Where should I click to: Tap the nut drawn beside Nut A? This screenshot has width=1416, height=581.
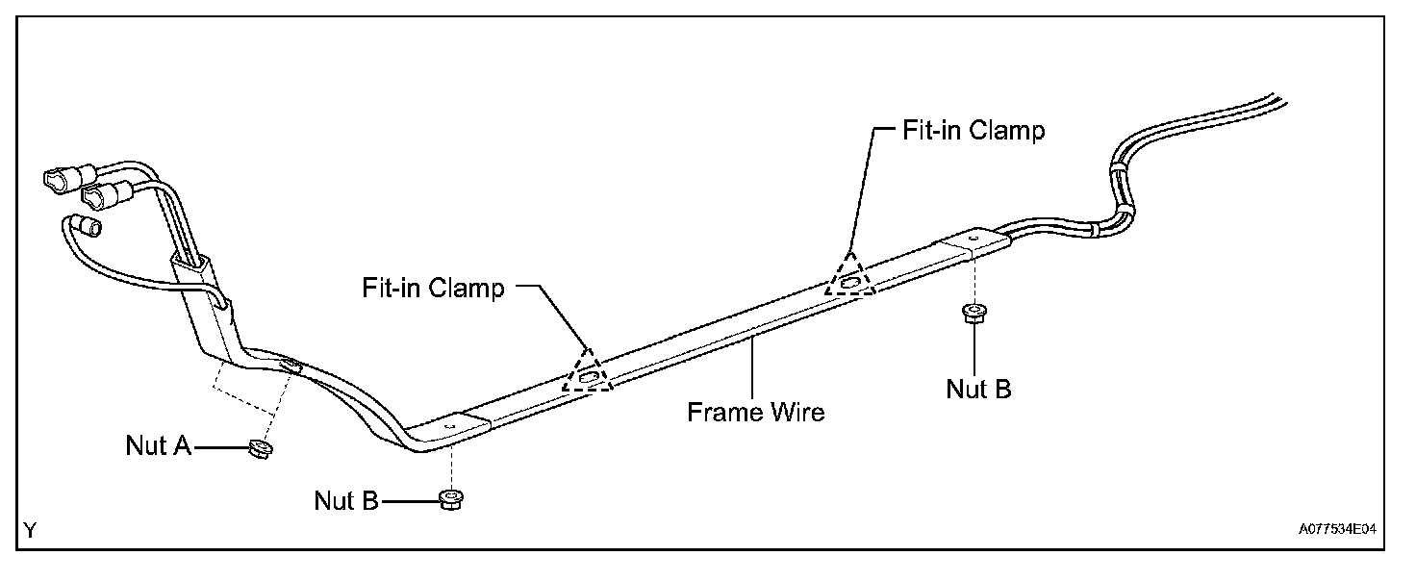(x=258, y=448)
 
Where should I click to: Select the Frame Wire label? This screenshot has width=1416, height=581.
(x=755, y=412)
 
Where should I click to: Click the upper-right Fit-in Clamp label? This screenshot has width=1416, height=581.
(x=973, y=131)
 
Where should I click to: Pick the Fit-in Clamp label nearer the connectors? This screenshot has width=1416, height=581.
(x=433, y=287)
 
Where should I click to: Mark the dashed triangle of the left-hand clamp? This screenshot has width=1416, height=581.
(x=589, y=371)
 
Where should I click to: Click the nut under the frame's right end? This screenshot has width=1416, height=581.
(x=973, y=314)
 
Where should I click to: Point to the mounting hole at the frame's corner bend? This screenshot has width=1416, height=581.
(x=453, y=420)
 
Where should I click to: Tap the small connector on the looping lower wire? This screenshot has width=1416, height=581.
(x=89, y=227)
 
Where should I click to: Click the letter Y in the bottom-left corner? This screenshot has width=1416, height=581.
(x=30, y=530)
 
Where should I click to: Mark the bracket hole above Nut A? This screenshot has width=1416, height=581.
(x=289, y=363)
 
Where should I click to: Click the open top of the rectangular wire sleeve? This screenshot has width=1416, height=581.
(x=190, y=259)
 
